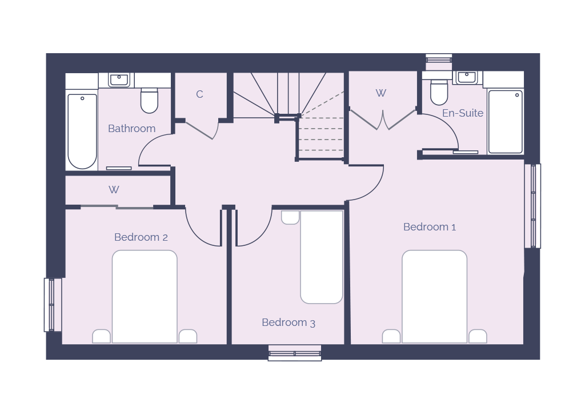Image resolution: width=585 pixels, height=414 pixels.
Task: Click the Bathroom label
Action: (x=132, y=129)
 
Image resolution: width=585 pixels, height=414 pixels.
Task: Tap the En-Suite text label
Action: (x=463, y=113)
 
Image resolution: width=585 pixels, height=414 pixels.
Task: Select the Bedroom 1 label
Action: (x=430, y=226)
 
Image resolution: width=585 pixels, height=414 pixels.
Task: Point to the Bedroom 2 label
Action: (x=141, y=237)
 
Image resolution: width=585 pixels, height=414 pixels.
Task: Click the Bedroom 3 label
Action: (x=289, y=322)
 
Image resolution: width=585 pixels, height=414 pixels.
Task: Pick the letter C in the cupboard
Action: (x=199, y=94)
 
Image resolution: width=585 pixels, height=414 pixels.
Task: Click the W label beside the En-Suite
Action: (x=380, y=93)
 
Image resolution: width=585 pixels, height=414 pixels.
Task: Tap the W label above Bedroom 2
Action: (x=114, y=190)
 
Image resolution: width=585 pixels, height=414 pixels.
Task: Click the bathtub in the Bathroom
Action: (x=82, y=131)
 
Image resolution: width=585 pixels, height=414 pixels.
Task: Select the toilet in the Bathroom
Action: (x=149, y=100)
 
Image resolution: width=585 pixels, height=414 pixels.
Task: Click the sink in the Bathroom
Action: (x=119, y=79)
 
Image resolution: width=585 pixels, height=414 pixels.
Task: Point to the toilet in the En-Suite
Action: (x=439, y=92)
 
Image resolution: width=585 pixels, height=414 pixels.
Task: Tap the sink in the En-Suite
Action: (x=466, y=77)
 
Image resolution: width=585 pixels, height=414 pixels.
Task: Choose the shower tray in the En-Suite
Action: (x=505, y=121)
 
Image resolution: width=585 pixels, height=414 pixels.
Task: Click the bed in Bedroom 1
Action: (x=434, y=296)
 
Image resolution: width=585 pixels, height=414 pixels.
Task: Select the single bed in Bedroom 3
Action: (x=322, y=257)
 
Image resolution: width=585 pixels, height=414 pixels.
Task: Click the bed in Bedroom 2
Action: (x=145, y=296)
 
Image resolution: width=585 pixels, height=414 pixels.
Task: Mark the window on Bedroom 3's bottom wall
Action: (x=295, y=353)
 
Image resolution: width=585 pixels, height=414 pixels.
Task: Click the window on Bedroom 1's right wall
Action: (x=533, y=206)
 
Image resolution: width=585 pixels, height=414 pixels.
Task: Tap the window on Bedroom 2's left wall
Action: (x=53, y=305)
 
